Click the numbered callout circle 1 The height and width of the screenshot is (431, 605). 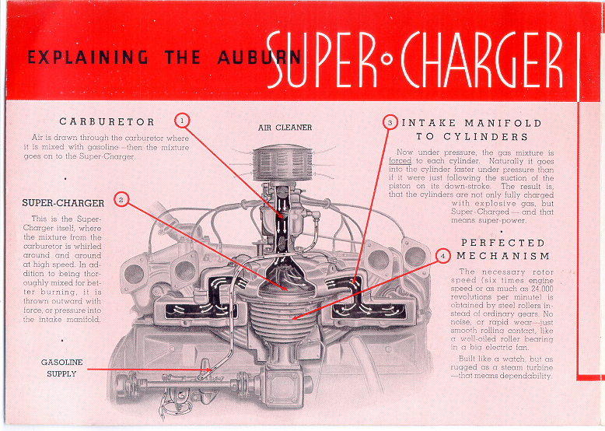point(182,121)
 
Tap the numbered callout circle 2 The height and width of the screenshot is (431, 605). point(121,199)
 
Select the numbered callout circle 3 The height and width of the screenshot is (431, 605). point(390,122)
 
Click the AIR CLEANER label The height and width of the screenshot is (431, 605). point(285,127)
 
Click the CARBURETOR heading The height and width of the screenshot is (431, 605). point(107,121)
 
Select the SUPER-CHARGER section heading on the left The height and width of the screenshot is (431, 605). point(63,203)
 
